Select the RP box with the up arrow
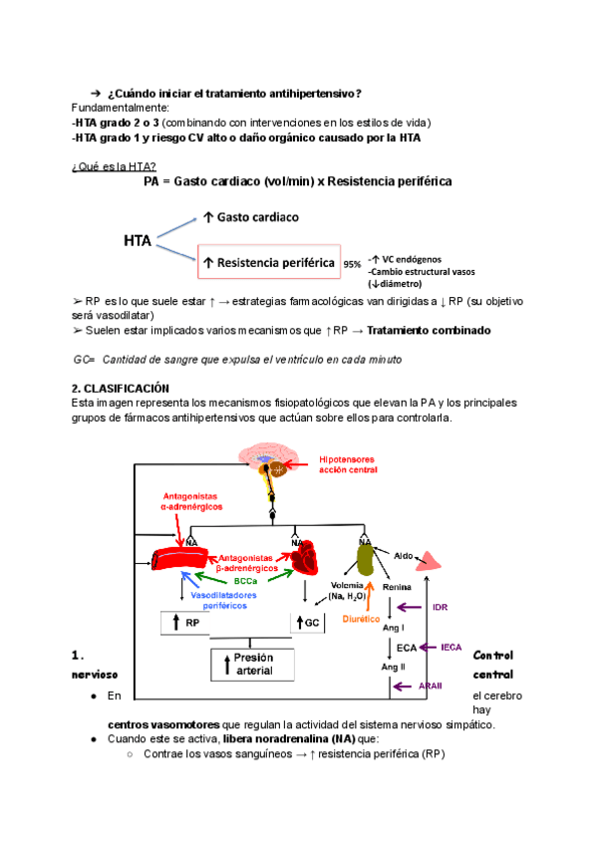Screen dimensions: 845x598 tap(188, 623)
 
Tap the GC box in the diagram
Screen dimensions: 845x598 tap(310, 623)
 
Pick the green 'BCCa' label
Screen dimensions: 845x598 tap(246, 580)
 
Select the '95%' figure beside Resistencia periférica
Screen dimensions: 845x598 tap(352, 264)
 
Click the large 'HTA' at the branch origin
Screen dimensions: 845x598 tap(138, 240)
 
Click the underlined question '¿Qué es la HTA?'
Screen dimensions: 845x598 tap(114, 165)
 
